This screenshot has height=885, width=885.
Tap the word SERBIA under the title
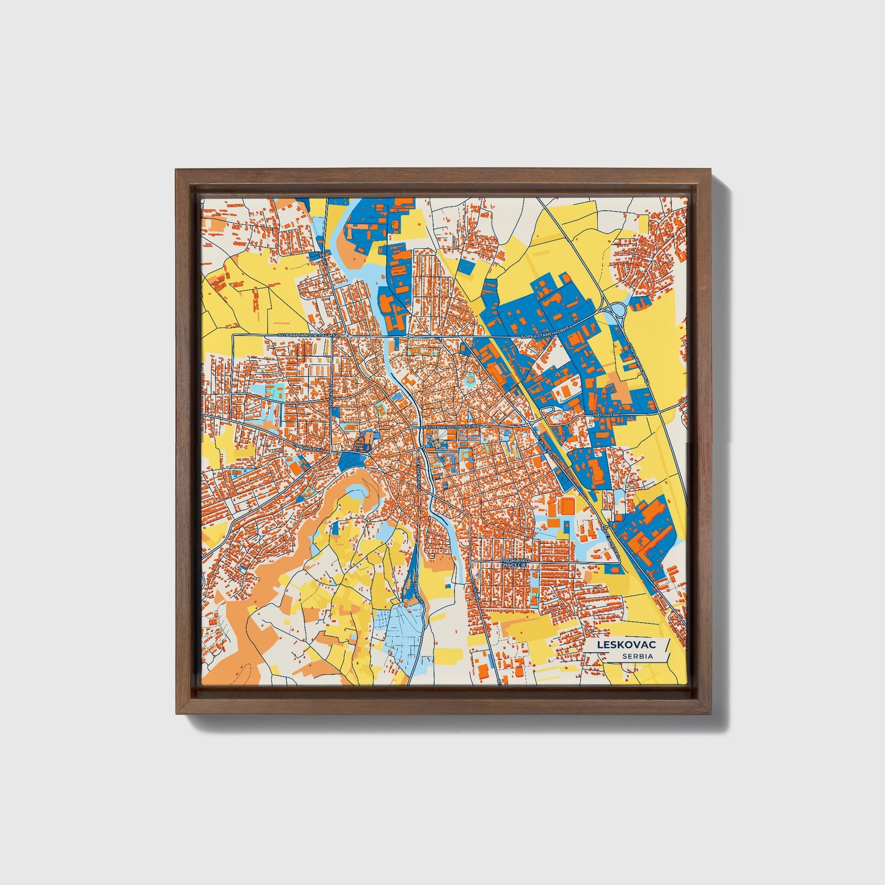tap(638, 657)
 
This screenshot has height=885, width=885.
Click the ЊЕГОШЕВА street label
tap(606, 415)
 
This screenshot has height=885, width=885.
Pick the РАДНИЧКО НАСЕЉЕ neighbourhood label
tap(514, 563)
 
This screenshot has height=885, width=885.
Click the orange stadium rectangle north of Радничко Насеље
tap(567, 507)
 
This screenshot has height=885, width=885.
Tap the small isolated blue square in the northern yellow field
tap(466, 266)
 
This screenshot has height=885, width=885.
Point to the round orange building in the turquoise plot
tap(470, 381)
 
